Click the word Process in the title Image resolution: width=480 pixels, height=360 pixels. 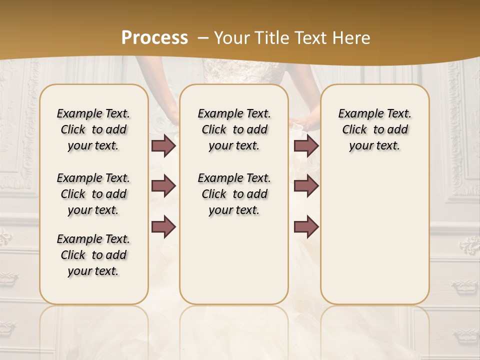[154, 38]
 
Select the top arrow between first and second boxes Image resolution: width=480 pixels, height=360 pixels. [163, 146]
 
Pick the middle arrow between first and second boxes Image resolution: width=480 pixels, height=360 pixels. [163, 186]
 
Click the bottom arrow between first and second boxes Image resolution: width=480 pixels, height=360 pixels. [163, 226]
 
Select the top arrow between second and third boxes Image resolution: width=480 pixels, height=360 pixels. [306, 146]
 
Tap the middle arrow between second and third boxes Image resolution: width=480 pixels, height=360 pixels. [306, 186]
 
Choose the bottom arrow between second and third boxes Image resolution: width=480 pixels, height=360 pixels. [306, 226]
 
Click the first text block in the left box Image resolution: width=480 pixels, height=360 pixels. [93, 129]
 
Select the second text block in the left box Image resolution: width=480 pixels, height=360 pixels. [93, 194]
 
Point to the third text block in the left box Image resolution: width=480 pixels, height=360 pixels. [93, 255]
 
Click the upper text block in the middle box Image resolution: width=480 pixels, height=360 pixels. [234, 129]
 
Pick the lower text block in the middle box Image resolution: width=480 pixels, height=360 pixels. [234, 194]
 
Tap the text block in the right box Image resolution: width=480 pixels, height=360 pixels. [374, 129]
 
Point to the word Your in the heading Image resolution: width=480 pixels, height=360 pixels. [230, 38]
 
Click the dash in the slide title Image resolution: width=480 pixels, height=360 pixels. [203, 38]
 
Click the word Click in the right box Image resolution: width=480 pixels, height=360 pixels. [354, 130]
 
